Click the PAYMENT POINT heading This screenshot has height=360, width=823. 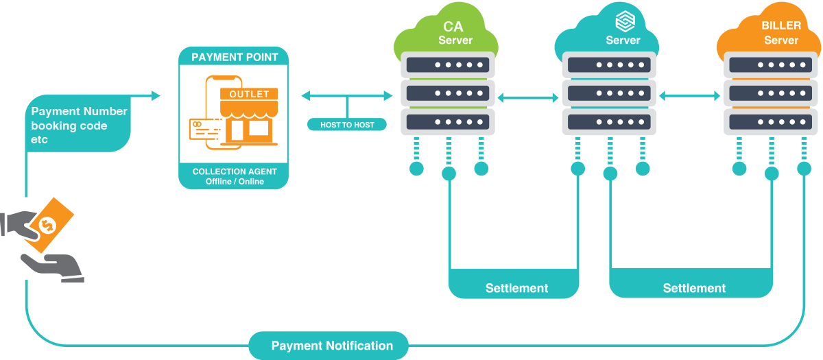tap(235, 57)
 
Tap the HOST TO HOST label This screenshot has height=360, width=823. tap(347, 125)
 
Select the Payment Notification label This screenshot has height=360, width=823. tap(332, 346)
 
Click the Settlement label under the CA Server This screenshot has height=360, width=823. tap(516, 288)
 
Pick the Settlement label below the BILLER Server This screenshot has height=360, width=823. tap(694, 288)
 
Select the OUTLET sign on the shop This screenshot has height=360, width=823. tap(249, 94)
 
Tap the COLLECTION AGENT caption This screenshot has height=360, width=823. tap(234, 171)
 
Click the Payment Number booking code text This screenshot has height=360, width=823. tap(79, 125)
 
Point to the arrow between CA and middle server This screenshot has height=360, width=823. tap(528, 99)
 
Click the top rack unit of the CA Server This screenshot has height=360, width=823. tap(446, 65)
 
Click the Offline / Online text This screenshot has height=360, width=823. tap(234, 182)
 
